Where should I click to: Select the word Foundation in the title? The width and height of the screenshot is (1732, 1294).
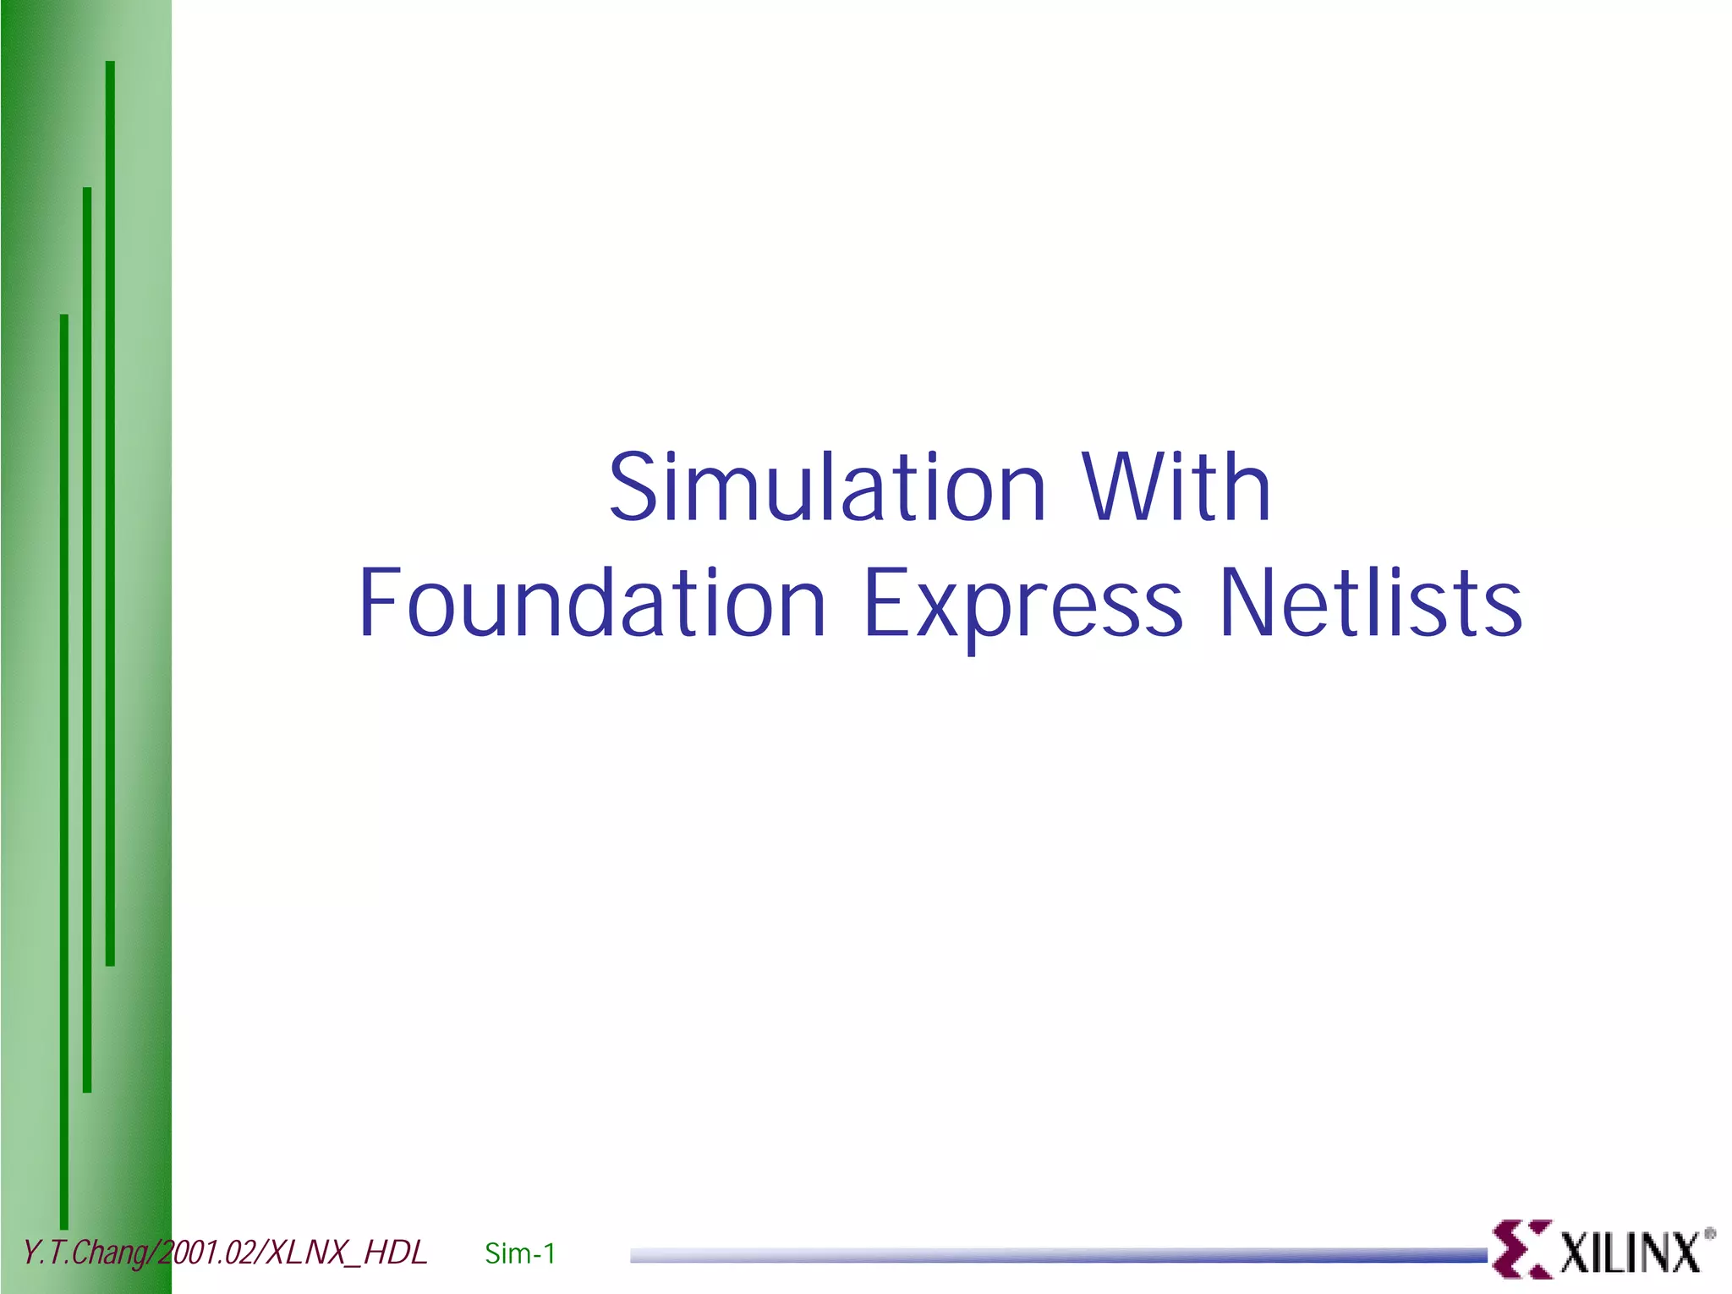click(591, 602)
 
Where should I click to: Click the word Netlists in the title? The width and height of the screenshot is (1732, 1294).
click(1370, 602)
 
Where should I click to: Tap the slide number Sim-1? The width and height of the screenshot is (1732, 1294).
click(520, 1253)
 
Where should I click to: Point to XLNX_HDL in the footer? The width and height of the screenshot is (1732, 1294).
click(347, 1253)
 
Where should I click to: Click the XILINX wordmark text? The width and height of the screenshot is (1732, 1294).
click(1629, 1253)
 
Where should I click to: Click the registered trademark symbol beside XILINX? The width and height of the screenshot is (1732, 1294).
click(1709, 1234)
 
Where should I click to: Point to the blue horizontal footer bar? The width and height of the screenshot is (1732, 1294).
click(1057, 1255)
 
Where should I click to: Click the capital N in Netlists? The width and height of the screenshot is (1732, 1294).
click(1247, 602)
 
